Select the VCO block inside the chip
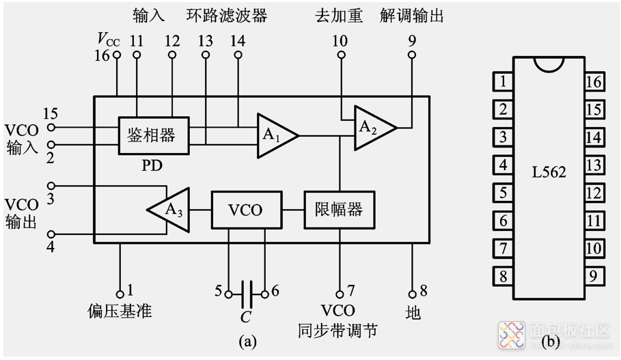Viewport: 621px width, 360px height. pos(245,209)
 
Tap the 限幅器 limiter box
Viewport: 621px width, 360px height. pos(338,209)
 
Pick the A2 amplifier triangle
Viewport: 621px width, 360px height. pos(372,127)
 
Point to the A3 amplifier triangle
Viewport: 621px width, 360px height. pos(169,209)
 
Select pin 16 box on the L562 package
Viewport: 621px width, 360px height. pos(593,82)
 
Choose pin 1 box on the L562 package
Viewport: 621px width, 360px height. pos(503,82)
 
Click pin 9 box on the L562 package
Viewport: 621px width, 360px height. pos(593,276)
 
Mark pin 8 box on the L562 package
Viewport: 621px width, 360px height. pos(503,276)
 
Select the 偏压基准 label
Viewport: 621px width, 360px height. pos(120,311)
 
